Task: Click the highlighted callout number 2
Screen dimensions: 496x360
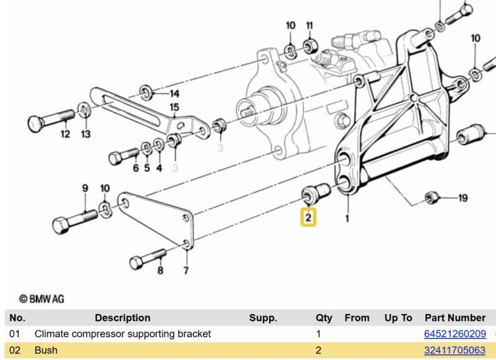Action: pos(308,217)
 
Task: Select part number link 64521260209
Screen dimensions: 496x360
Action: pos(455,334)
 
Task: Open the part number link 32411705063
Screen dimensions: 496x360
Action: pos(454,350)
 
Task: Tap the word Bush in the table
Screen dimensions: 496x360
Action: pos(46,350)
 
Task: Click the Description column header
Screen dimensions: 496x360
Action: pos(122,318)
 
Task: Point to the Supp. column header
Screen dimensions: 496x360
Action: pos(263,318)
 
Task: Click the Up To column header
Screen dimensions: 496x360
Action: pos(398,318)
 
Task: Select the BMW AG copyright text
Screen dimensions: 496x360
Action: pos(42,299)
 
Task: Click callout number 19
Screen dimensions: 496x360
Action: pos(463,198)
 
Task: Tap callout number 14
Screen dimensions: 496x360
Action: pos(175,94)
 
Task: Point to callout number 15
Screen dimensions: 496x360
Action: pos(174,107)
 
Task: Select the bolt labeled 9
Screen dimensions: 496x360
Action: pos(75,221)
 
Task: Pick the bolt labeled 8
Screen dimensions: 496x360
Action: pos(148,259)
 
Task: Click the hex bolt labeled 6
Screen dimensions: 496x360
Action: pos(123,156)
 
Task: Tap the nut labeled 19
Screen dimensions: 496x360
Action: pos(432,198)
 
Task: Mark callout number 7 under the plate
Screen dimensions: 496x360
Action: pos(186,271)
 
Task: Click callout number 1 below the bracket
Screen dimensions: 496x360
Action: pos(347,218)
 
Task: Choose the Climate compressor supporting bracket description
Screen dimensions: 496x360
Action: pos(122,334)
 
